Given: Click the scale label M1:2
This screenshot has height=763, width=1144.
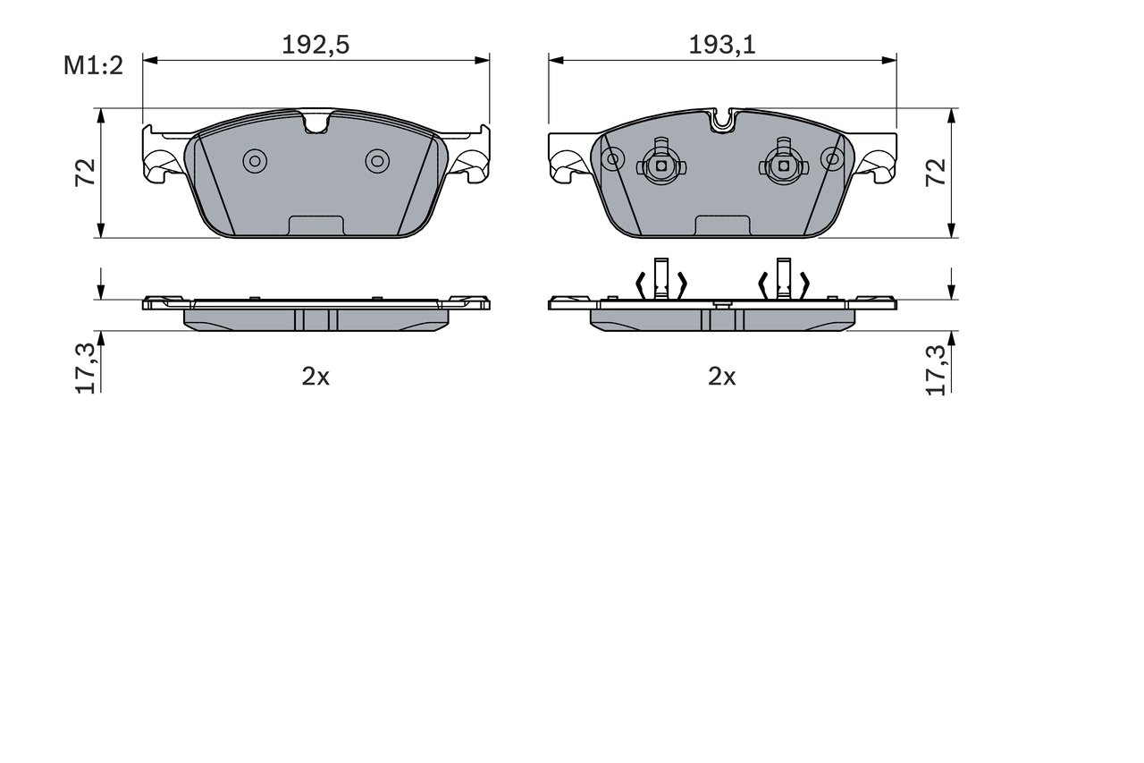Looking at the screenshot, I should click(x=92, y=65).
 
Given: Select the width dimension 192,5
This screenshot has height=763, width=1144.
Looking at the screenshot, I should click(x=315, y=45).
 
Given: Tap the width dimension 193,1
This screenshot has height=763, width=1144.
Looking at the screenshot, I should click(x=722, y=45).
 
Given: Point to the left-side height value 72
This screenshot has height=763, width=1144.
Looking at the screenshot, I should click(x=86, y=172).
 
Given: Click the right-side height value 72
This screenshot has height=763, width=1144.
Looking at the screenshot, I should click(x=936, y=172).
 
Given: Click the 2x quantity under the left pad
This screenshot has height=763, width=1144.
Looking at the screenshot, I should click(x=315, y=377).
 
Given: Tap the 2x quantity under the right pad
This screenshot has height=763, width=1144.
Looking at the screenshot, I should click(x=722, y=377).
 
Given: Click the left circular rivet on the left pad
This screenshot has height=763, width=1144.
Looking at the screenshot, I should click(x=255, y=160).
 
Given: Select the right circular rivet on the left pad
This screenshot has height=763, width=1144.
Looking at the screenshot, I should click(x=377, y=160).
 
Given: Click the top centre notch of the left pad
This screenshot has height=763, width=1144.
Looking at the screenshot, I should click(x=316, y=122).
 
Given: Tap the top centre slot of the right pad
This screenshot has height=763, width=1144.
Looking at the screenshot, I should click(x=723, y=120).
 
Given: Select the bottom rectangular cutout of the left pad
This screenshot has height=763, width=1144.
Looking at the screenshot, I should click(x=315, y=226).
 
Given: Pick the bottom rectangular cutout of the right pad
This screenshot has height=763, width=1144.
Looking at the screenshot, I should click(x=722, y=226).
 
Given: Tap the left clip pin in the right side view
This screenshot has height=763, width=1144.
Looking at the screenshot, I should click(x=660, y=277).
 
